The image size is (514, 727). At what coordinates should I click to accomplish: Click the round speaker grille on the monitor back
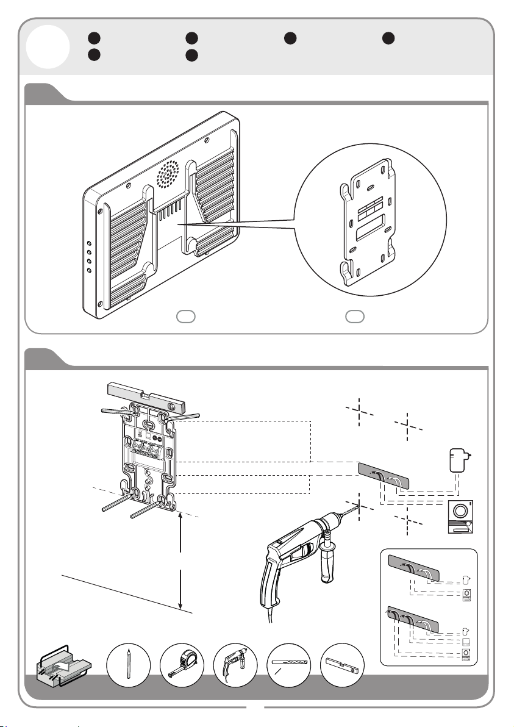[x=170, y=173]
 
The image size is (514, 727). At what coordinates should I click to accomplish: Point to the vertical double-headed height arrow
[x=182, y=560]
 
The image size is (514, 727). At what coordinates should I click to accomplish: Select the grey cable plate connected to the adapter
[x=383, y=476]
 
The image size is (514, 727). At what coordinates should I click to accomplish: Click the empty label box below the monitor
[x=185, y=316]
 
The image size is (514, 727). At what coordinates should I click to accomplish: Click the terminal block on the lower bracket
[x=149, y=453]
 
